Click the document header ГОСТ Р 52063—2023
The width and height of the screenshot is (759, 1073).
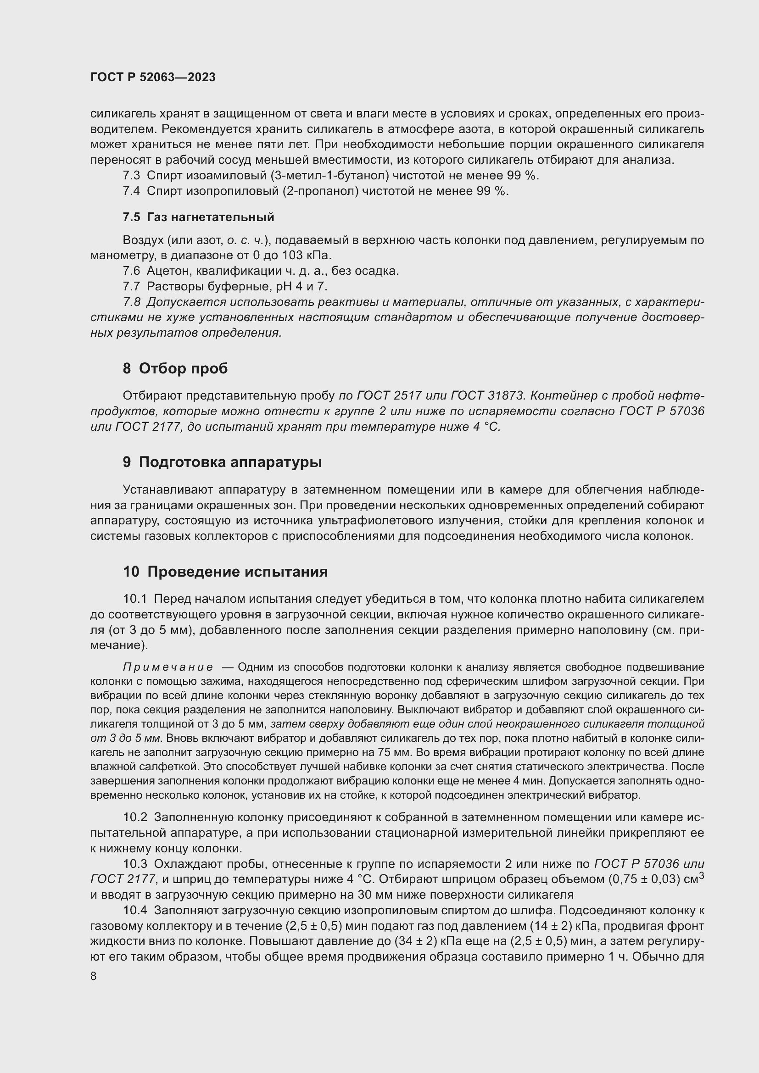pyautogui.click(x=153, y=77)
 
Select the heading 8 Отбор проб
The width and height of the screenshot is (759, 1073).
pyautogui.click(x=175, y=368)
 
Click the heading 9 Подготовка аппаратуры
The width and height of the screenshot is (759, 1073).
pyautogui.click(x=223, y=462)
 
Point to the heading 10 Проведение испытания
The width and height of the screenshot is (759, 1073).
pyautogui.click(x=225, y=572)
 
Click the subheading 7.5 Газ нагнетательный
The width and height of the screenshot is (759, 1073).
pyautogui.click(x=198, y=217)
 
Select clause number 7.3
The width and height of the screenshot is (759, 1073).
pyautogui.click(x=131, y=176)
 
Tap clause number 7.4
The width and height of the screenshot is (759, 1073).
pyautogui.click(x=131, y=191)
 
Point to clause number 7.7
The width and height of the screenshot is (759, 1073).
pyautogui.click(x=131, y=286)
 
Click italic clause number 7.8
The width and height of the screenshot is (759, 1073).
pyautogui.click(x=131, y=302)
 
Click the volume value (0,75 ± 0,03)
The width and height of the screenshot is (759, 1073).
pyautogui.click(x=643, y=879)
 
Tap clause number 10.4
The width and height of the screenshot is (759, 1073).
pyautogui.click(x=135, y=910)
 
